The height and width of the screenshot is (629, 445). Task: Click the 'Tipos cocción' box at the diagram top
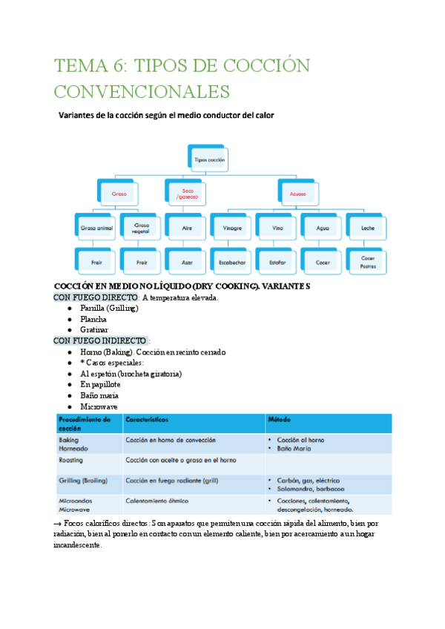point(210,159)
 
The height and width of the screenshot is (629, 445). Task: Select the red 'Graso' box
point(119,194)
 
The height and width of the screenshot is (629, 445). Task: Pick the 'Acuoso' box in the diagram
point(298,194)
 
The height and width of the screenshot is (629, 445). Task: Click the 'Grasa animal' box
point(96,228)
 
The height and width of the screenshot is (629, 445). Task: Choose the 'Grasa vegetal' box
point(141,228)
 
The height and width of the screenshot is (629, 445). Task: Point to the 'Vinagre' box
point(232,228)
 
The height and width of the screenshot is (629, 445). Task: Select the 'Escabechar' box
point(232,262)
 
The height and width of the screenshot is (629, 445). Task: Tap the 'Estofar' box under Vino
point(277,262)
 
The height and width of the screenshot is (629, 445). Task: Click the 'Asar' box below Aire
point(186,262)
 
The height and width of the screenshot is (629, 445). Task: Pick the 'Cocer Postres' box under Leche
point(368,262)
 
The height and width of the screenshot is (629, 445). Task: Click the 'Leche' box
point(368,228)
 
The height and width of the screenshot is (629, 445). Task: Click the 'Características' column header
point(148,420)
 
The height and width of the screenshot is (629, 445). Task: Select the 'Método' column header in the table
point(280,420)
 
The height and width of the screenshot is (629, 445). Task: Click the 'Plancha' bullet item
point(93,319)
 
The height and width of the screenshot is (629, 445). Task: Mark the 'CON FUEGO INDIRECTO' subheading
point(100,340)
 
